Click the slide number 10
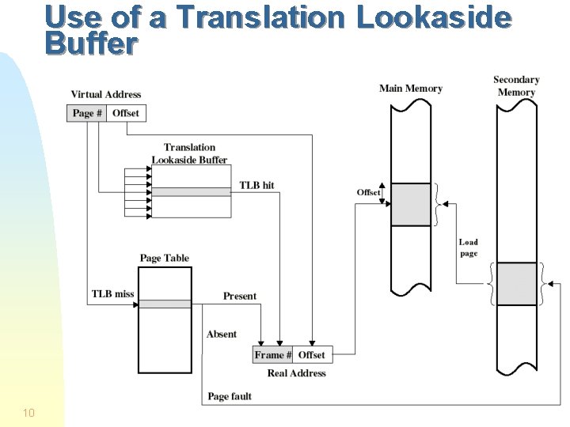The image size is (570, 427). pos(28,412)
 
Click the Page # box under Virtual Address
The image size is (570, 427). pos(87,113)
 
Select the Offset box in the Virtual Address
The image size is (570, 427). pos(126,113)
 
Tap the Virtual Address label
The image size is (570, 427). pos(106,95)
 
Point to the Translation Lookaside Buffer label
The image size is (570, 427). pos(189,153)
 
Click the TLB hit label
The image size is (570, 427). pos(256,185)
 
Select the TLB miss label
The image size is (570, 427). pos(112,294)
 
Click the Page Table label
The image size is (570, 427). pos(165,258)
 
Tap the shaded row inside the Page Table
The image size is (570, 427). pos(165,304)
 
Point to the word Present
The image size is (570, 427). pos(239,296)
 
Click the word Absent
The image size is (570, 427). pos(222,334)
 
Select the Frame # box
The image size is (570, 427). pos(273,355)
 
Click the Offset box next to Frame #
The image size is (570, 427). pos(311,355)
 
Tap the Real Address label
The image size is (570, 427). pos(296,372)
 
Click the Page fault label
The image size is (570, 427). pos(230,396)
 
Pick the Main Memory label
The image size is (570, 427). pos(410,88)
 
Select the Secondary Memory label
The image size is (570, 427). pos(516,85)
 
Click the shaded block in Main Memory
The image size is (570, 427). pos(411,204)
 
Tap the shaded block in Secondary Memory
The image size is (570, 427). pos(517,283)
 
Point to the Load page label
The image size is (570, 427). pos(469,248)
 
